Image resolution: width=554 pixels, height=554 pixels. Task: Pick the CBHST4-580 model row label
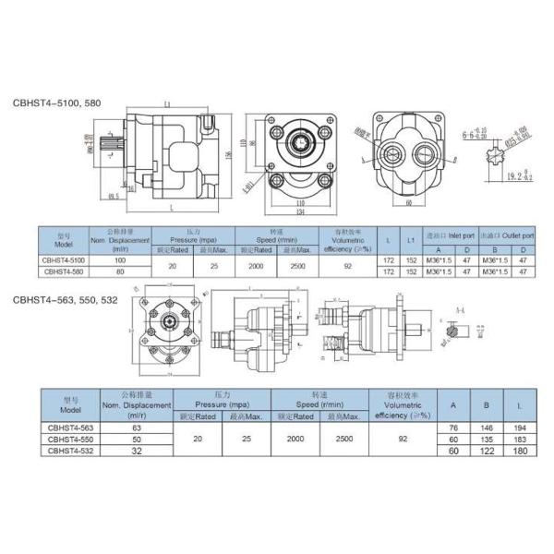click(x=58, y=272)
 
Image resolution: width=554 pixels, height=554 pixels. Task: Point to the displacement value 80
click(x=119, y=272)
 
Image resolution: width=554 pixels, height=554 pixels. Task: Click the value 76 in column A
click(x=453, y=428)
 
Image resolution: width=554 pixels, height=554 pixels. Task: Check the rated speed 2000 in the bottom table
click(x=295, y=440)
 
